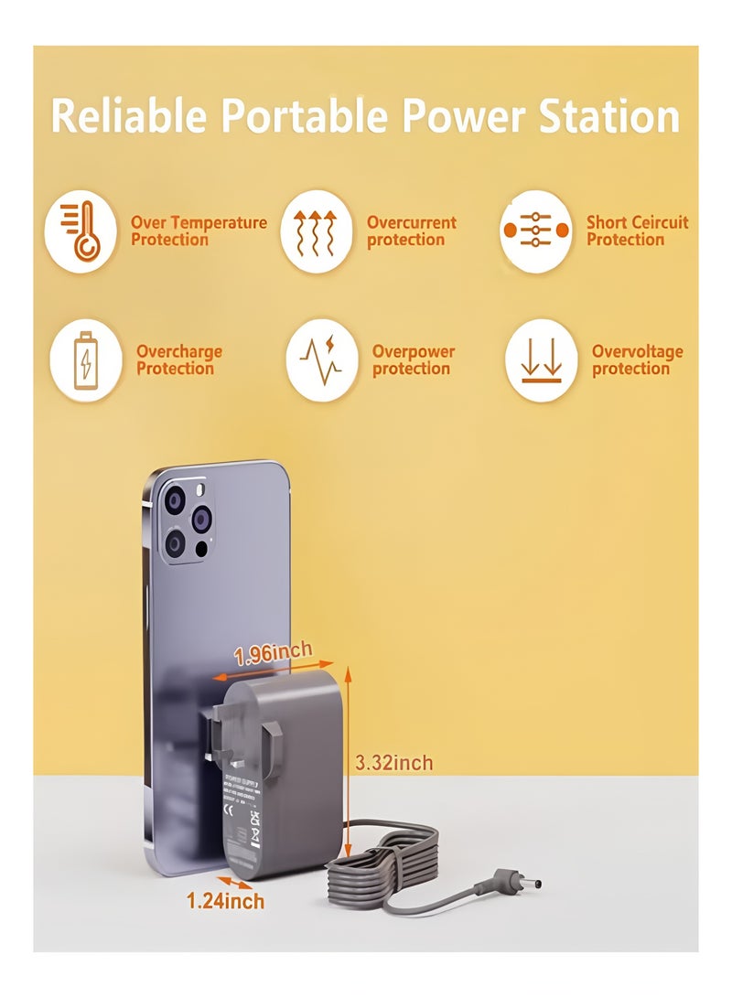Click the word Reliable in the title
click(128, 117)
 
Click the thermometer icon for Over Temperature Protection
click(81, 231)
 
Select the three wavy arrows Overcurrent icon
click(317, 231)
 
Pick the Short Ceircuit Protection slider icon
click(537, 231)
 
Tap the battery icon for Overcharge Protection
click(85, 360)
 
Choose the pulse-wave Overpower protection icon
click(321, 360)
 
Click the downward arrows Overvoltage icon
click(541, 360)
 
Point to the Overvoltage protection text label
click(638, 360)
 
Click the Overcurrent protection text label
click(412, 231)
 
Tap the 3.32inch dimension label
click(394, 763)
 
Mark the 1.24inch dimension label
click(225, 901)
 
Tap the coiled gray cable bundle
click(384, 864)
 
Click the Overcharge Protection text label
click(179, 360)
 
